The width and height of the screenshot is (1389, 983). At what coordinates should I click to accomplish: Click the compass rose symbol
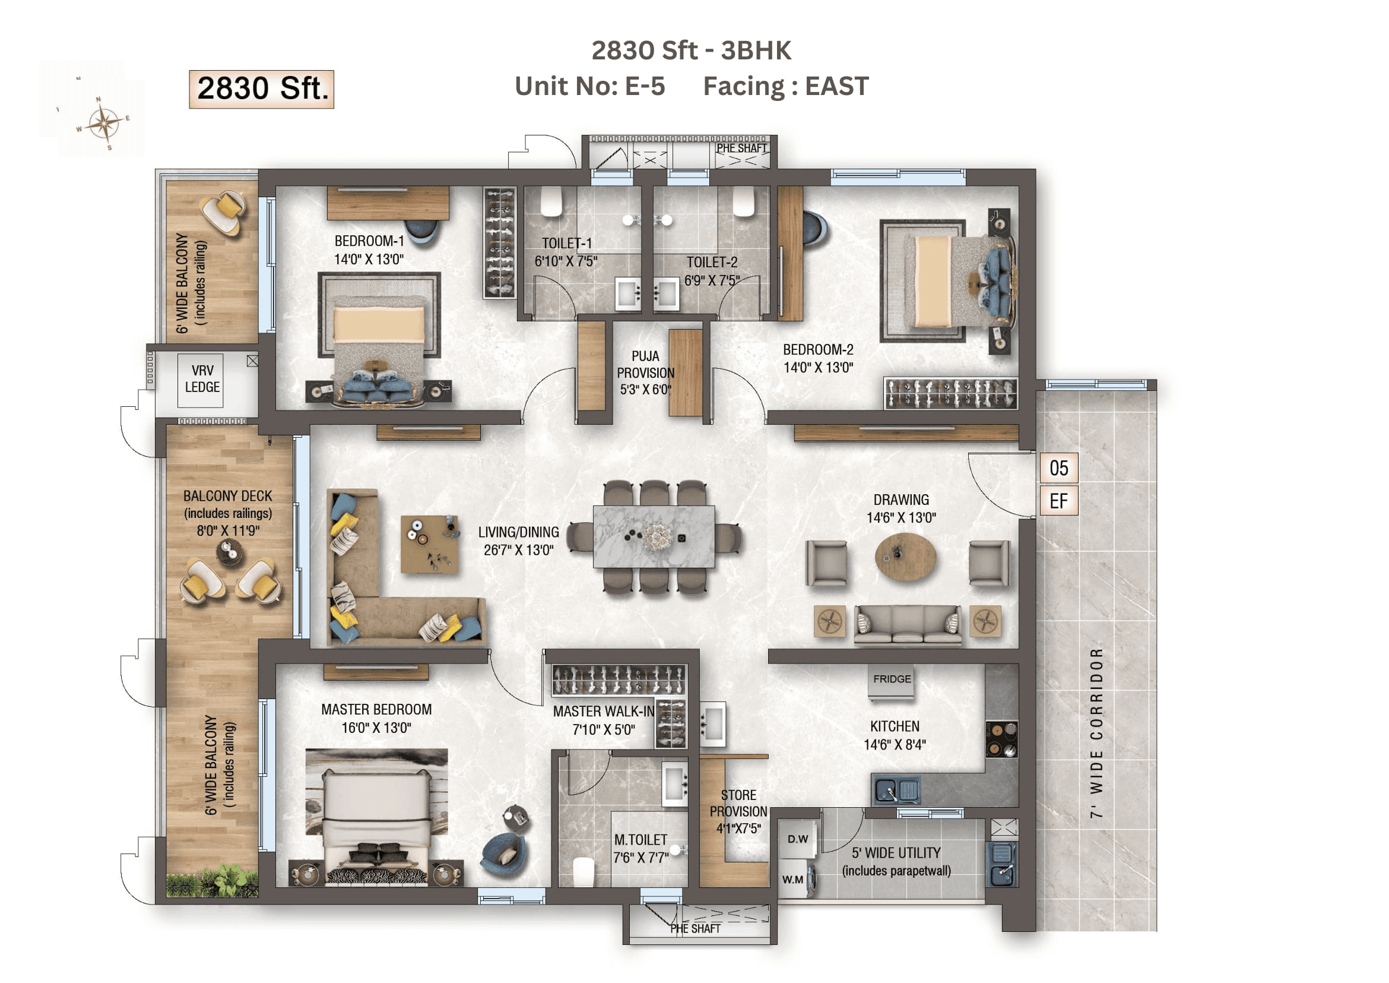pos(104,124)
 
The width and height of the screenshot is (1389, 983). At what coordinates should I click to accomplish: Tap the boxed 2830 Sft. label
pos(261,89)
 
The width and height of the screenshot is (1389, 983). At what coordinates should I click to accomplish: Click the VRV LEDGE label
pos(202,379)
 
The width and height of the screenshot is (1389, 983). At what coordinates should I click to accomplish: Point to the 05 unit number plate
pos(1059,468)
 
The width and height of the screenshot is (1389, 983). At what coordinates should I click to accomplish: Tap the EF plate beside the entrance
pos(1059,501)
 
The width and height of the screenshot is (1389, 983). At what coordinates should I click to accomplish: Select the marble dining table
pos(654,537)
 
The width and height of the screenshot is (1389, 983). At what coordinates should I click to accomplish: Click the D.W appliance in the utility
pos(797,839)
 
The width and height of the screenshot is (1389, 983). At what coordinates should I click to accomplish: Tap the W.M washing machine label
pos(793,880)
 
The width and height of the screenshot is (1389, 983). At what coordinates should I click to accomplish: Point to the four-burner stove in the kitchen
pos(1001,739)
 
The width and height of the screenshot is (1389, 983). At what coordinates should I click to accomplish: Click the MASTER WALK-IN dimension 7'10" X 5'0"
pos(604,730)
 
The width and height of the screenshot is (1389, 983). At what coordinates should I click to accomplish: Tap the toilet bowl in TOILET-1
pos(551,201)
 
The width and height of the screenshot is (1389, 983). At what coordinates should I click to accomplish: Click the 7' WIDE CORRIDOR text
pos(1097,733)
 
